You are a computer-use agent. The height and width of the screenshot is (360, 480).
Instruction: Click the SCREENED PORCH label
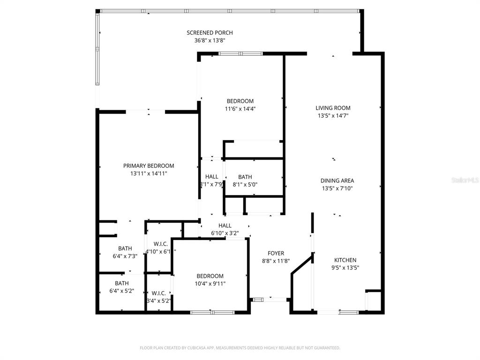click(x=210, y=33)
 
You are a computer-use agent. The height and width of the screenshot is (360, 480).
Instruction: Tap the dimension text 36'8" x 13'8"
click(x=210, y=40)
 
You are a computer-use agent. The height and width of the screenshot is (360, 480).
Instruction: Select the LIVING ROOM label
click(x=333, y=108)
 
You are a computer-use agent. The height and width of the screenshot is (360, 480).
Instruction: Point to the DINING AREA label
click(x=337, y=180)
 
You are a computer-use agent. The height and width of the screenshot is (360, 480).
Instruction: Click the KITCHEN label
click(x=345, y=260)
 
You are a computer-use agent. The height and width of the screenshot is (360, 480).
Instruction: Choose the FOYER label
click(x=276, y=253)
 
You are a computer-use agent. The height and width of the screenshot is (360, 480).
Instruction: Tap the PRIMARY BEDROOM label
click(x=149, y=166)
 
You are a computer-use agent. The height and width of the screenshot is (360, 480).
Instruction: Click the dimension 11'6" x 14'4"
click(x=240, y=109)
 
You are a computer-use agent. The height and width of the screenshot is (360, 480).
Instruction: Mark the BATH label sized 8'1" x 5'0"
click(x=245, y=177)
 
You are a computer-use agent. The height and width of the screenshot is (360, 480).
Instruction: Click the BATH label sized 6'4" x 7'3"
click(x=125, y=248)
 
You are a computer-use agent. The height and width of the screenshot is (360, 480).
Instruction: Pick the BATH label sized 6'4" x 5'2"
click(x=121, y=283)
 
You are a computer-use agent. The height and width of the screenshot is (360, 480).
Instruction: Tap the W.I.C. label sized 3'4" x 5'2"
click(x=158, y=293)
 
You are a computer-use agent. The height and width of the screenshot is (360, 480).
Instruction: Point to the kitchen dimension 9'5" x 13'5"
click(x=345, y=268)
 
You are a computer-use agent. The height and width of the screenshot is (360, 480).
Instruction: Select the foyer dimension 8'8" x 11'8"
click(x=276, y=261)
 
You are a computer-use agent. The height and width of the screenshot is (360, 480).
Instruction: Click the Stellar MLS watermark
click(x=465, y=180)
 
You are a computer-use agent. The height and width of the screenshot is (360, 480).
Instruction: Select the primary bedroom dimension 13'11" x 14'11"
click(x=149, y=173)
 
